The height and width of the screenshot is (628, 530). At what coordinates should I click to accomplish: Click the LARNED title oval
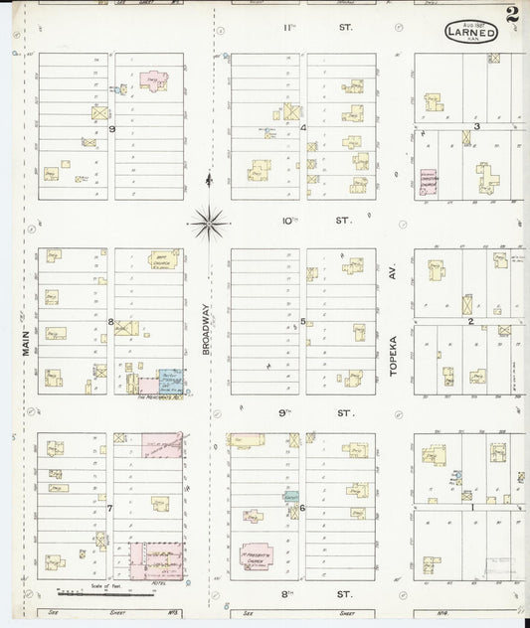[x=465, y=33]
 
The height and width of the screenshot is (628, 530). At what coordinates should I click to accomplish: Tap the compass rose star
[x=208, y=221]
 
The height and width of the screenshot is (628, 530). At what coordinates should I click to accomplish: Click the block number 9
[x=112, y=128]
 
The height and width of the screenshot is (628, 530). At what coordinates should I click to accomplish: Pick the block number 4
[x=302, y=127]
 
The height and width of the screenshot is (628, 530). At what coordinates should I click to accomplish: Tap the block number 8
[x=111, y=322]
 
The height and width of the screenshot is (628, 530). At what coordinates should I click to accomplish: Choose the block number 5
[x=302, y=322]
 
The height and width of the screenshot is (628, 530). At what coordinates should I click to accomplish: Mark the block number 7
[x=111, y=508]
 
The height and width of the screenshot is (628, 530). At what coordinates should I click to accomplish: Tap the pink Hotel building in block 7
[x=157, y=559]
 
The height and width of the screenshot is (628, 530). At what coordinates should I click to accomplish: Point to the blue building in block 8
[x=170, y=380]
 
